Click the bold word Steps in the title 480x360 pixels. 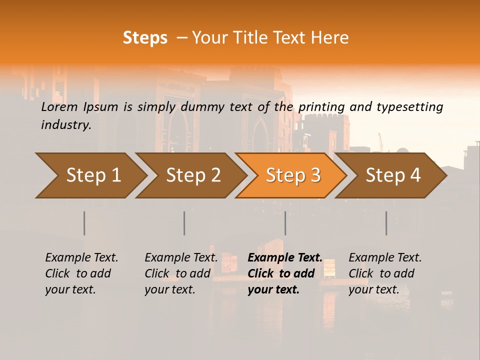(145, 38)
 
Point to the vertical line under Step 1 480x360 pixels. (84, 223)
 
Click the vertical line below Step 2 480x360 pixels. (184, 223)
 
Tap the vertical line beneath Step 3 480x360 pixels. (285, 223)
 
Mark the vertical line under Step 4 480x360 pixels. (386, 223)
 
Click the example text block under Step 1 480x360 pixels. (81, 273)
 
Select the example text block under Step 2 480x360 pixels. (181, 273)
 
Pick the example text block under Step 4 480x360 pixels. (385, 273)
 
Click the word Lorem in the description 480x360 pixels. (59, 107)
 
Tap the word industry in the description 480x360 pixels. (66, 125)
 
